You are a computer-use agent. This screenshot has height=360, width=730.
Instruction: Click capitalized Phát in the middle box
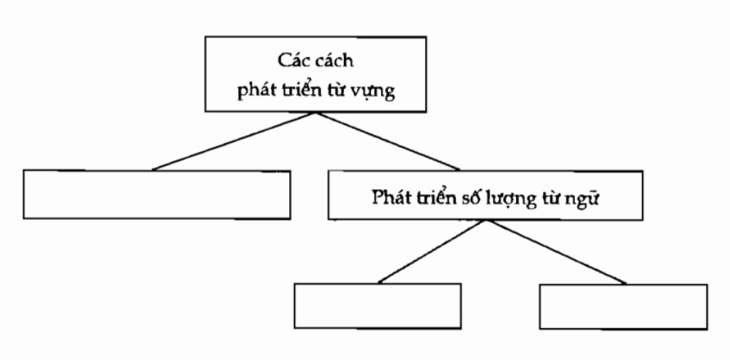pos(390,197)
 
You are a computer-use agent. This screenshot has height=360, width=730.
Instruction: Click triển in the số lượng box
pos(436,197)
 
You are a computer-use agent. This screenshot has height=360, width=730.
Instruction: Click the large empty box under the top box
pos(156,193)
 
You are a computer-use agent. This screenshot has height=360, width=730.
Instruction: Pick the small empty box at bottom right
pos(623,306)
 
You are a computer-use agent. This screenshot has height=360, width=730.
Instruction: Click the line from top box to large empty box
pos(234,141)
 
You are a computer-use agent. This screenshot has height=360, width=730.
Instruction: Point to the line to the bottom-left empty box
pos(424,252)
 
